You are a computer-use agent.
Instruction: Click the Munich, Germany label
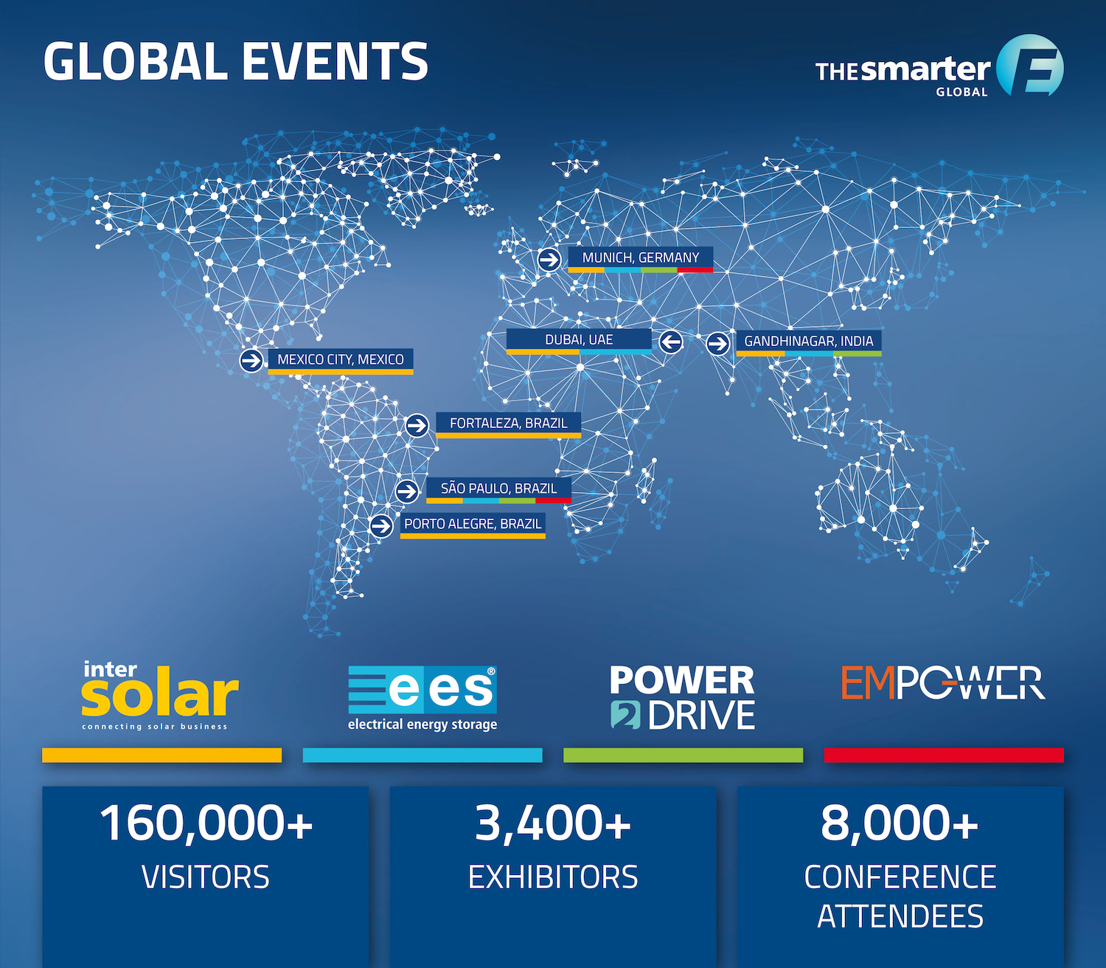[640, 258]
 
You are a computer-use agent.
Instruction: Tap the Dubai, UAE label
[578, 340]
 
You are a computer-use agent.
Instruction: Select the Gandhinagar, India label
[809, 342]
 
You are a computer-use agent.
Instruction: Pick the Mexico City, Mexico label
[341, 360]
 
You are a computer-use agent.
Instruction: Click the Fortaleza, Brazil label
[508, 424]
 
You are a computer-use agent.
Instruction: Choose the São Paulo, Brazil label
[498, 489]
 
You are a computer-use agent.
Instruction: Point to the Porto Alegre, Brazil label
[473, 525]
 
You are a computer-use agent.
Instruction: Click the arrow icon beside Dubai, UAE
[670, 342]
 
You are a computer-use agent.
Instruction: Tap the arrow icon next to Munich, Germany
[549, 260]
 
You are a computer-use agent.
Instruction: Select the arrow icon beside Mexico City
[251, 360]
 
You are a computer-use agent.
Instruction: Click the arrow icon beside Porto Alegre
[381, 525]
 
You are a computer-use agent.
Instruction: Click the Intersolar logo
[160, 695]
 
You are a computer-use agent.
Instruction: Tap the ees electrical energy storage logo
[422, 698]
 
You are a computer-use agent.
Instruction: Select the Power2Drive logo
[682, 697]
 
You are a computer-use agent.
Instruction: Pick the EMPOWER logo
[943, 682]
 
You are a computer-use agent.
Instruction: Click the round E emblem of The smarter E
[1030, 66]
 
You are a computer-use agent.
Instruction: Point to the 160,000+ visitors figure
[206, 847]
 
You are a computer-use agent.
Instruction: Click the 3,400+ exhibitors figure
[553, 847]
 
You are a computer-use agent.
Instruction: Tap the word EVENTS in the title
[335, 61]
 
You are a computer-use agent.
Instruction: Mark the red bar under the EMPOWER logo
[944, 755]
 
